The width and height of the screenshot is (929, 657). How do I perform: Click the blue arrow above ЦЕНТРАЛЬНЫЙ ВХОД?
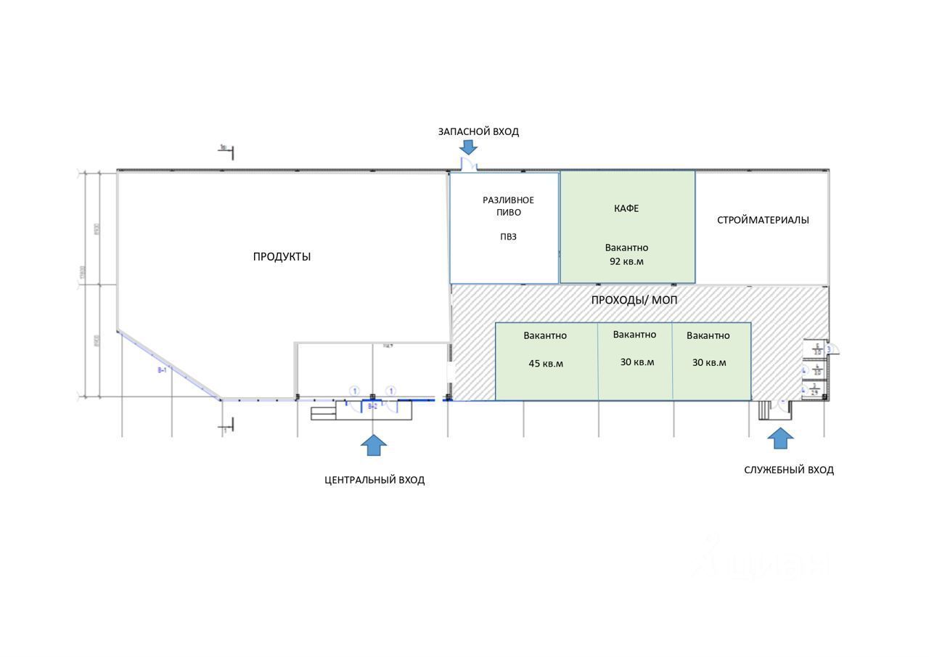coord(373,445)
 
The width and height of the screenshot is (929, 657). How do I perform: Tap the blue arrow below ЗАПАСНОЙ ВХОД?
coord(468,147)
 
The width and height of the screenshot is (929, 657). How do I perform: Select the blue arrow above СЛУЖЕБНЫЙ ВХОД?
coord(780,438)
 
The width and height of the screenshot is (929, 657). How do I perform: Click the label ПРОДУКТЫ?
coord(282,256)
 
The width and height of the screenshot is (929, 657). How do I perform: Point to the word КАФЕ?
coord(626,208)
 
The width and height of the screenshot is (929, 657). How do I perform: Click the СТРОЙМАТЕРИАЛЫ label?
coord(763,220)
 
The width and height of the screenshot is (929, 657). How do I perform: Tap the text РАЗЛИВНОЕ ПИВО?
coord(509,206)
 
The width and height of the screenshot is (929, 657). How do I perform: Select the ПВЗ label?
coord(508,237)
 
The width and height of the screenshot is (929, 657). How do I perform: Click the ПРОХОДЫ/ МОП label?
coord(634,300)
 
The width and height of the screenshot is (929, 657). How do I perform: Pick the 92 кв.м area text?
coord(626,261)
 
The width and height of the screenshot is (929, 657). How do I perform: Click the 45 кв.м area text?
coord(546,364)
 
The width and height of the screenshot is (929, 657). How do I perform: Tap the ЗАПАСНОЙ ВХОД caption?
coord(478,131)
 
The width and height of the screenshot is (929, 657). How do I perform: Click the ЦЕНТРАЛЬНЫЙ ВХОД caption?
coord(375,480)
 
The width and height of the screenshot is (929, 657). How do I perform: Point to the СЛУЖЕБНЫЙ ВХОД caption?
coord(789,470)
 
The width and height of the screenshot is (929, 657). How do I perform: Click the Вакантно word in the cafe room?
coord(626,248)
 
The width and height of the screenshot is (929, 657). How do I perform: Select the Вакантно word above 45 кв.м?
coord(545,335)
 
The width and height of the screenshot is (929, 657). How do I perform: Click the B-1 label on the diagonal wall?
coord(163,370)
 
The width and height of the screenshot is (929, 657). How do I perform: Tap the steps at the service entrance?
coord(764,412)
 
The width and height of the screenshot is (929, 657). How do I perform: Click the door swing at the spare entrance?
coord(469,166)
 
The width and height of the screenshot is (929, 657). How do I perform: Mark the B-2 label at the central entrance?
coord(372,407)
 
